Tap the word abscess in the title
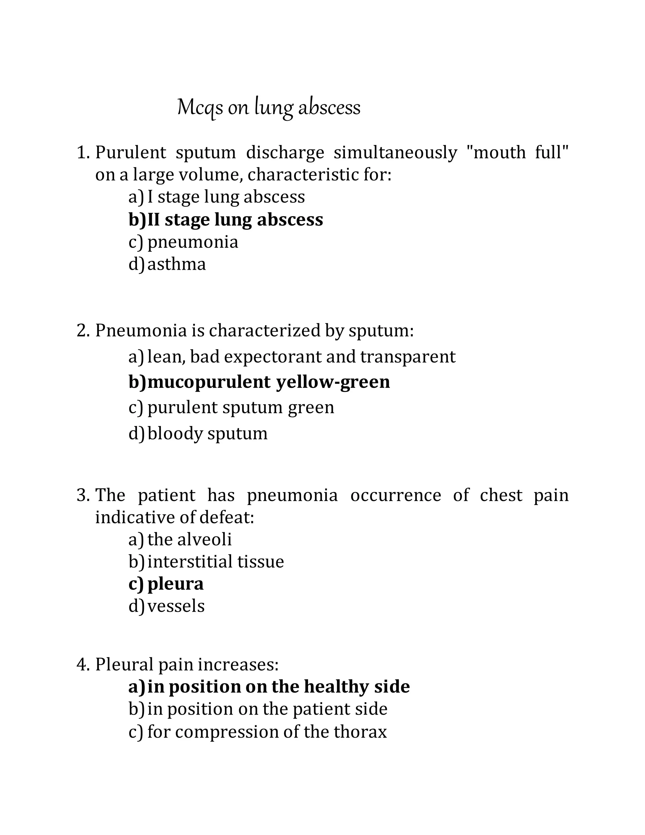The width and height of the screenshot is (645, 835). tap(329, 108)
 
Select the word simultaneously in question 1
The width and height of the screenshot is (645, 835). tap(395, 153)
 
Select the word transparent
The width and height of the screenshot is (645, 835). tap(408, 357)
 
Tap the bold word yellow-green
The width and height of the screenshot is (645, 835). tap(333, 382)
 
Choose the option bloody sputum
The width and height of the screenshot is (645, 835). tap(207, 434)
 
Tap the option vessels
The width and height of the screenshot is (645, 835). tap(176, 606)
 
